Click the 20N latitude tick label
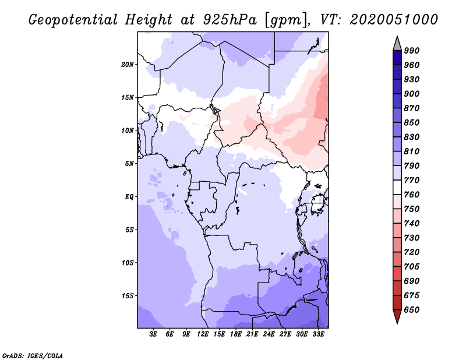coord(128,64)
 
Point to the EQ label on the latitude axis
coord(129,196)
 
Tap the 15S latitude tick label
coord(128,296)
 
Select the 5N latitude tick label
coord(129,164)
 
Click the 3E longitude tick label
coord(154,334)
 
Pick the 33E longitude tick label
coord(319,334)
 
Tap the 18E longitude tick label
coord(236,334)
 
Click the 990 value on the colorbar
coord(412,51)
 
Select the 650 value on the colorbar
coord(412,310)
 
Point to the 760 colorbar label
coord(412,195)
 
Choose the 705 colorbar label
coord(412,267)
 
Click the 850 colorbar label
coord(412,123)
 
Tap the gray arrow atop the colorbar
coord(397,43)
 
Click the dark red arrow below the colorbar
coord(397,316)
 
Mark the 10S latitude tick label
coord(128,263)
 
